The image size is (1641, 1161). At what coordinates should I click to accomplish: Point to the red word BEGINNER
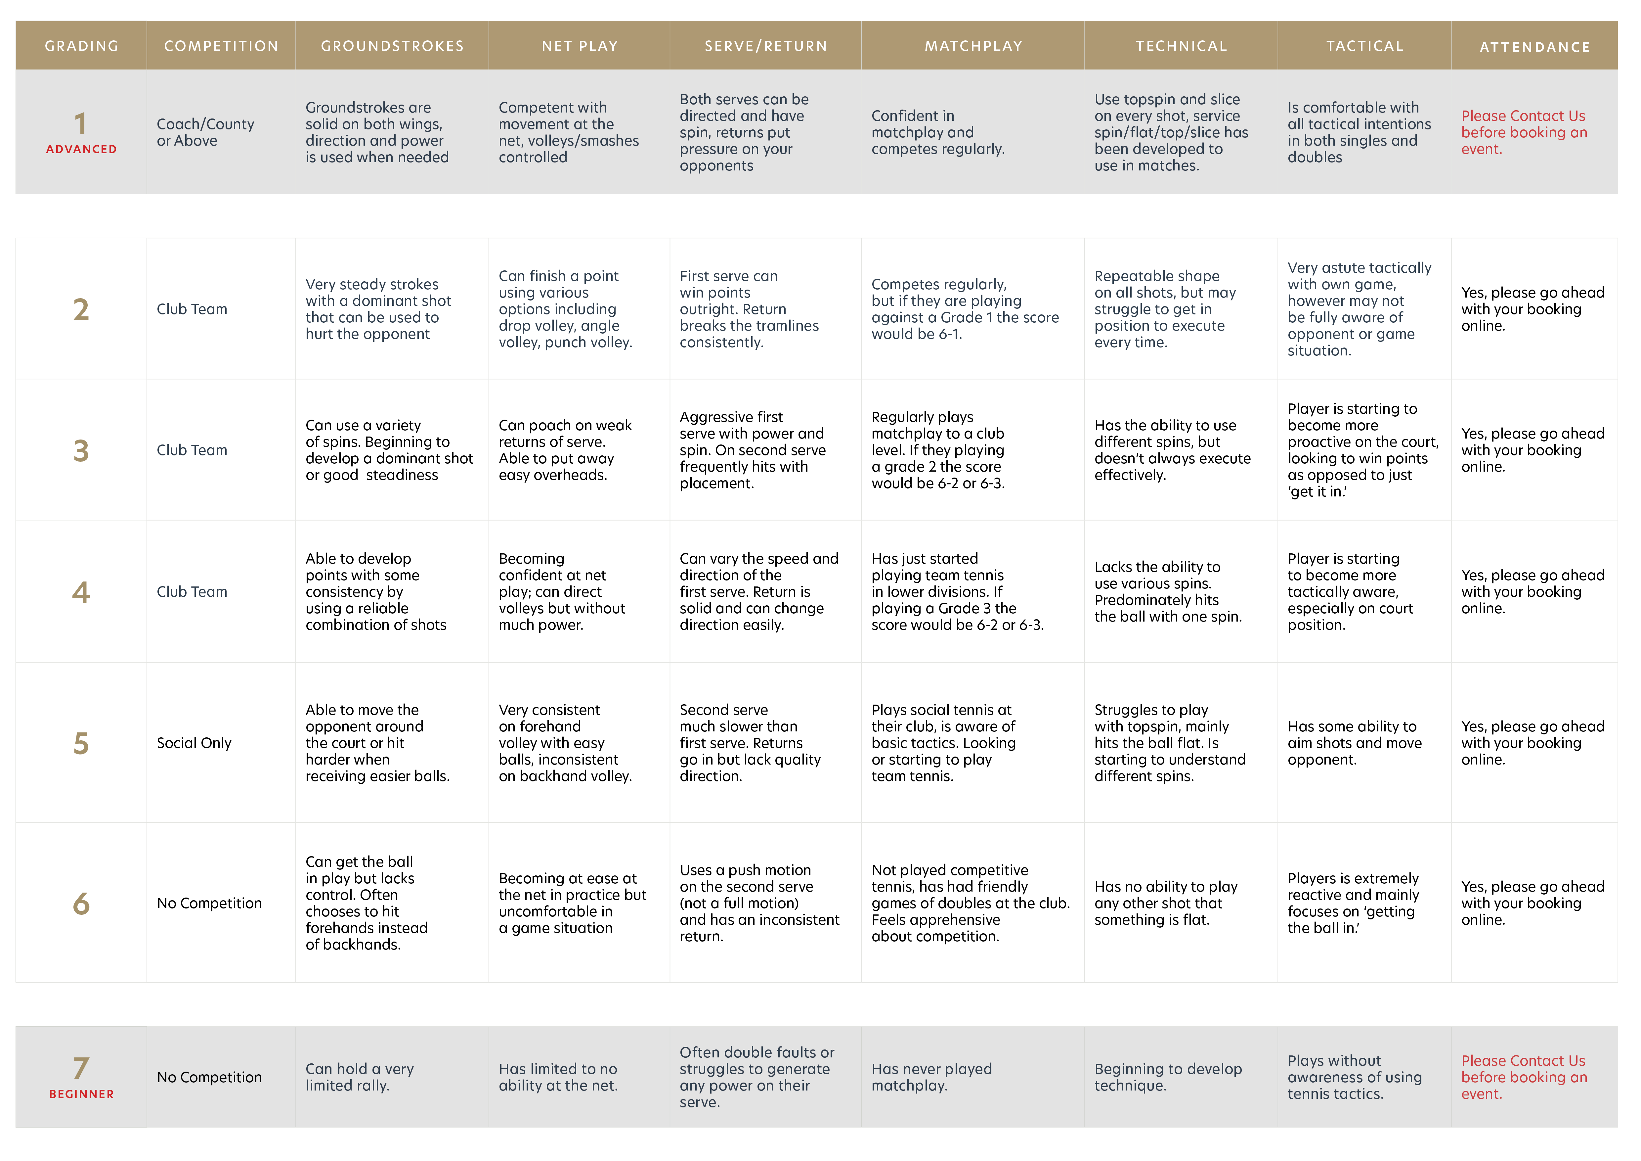point(81,1094)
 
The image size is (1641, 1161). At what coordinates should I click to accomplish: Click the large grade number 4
point(81,592)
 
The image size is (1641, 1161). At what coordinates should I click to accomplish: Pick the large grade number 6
point(81,904)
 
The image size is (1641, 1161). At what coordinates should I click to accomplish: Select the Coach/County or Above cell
point(205,132)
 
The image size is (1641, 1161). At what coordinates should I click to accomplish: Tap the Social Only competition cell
point(194,743)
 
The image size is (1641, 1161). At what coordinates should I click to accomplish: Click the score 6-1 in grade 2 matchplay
point(950,334)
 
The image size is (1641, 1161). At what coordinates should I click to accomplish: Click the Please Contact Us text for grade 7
point(1523,1061)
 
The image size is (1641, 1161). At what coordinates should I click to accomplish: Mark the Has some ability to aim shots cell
point(1355,743)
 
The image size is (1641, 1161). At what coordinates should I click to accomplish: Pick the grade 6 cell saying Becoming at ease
point(572,903)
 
